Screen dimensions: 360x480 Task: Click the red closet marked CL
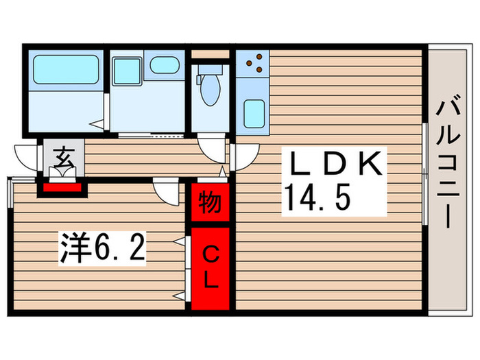(210, 268)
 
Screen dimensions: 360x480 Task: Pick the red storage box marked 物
(210, 204)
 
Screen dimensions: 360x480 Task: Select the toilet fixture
(208, 88)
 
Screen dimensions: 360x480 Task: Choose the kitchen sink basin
(254, 114)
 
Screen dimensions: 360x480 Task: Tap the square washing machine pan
(126, 71)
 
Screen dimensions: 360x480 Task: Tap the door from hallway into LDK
(241, 157)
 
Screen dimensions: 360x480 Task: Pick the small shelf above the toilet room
(209, 53)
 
